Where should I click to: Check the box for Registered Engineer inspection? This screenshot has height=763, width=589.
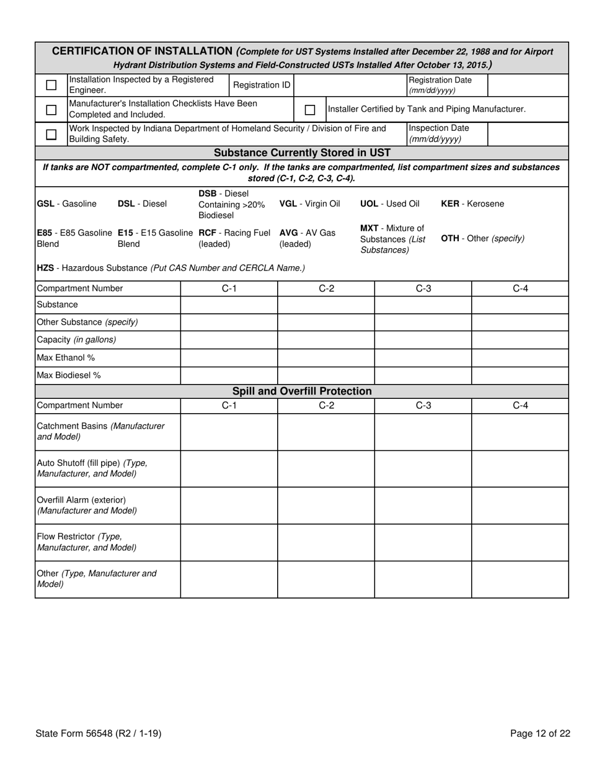(51, 85)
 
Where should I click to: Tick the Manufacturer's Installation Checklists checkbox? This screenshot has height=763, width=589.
(51, 110)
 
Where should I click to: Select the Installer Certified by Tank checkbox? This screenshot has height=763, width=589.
(310, 110)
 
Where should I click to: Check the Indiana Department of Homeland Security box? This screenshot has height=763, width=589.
(51, 134)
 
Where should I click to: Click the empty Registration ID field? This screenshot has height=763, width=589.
(350, 85)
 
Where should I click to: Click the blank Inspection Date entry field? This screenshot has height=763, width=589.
(528, 134)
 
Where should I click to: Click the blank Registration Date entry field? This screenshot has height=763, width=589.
(528, 85)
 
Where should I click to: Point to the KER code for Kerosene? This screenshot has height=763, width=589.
(449, 204)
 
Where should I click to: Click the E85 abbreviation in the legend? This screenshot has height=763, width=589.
(45, 233)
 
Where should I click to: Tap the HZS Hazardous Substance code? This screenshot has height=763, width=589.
(45, 268)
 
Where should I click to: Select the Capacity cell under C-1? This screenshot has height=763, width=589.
(229, 340)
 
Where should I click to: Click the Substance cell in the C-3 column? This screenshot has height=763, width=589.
(423, 305)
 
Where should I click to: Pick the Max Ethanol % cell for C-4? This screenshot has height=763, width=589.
(520, 358)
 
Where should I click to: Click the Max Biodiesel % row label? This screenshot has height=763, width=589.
(69, 375)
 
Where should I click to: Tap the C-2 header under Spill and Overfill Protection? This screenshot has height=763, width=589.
(326, 406)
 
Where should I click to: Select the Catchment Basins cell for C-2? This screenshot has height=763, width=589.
(326, 432)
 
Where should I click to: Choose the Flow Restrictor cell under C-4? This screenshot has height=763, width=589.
(520, 542)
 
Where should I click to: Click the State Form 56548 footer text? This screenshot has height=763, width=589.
(99, 734)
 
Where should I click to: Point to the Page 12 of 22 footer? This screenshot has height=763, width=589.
(540, 734)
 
